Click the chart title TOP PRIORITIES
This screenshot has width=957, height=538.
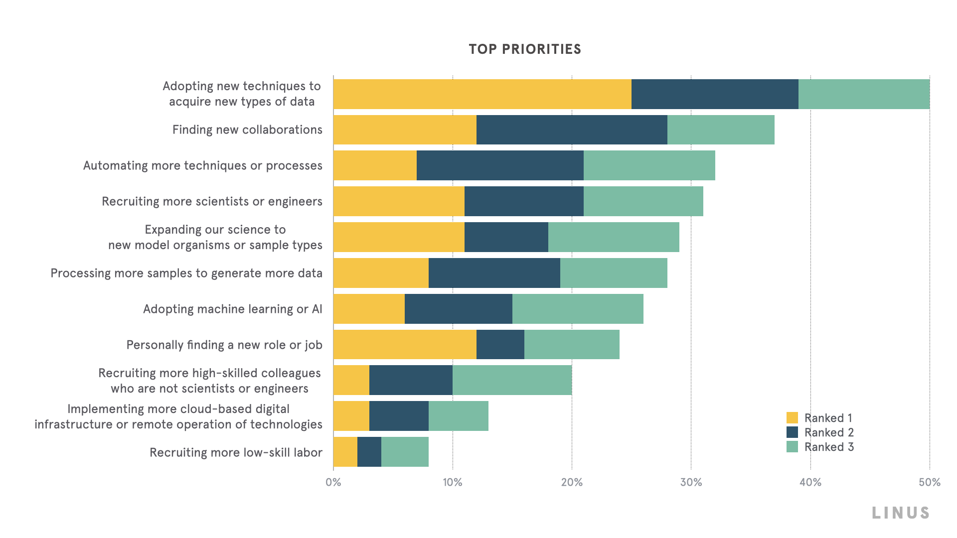525,49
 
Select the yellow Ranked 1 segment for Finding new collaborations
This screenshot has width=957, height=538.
405,130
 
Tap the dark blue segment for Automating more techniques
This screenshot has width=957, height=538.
500,165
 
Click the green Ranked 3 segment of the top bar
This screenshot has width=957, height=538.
864,94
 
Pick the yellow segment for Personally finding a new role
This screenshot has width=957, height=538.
405,344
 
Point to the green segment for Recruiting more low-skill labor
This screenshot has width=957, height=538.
405,452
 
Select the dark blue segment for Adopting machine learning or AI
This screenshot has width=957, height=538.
459,309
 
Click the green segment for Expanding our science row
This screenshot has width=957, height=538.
614,237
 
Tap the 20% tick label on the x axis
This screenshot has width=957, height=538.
572,482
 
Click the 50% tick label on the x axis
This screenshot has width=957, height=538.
929,482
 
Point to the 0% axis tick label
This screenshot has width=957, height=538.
333,482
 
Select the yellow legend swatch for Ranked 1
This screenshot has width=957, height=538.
792,417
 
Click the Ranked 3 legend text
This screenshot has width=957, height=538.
829,447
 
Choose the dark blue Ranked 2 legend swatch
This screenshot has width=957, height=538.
792,432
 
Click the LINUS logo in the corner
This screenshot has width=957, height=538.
901,513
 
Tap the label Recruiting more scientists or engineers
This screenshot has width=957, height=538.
212,201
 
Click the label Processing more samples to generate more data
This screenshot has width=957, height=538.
186,273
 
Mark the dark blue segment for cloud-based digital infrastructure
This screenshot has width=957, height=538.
399,416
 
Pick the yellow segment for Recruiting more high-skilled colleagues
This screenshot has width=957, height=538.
351,380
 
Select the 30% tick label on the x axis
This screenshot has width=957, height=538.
691,482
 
